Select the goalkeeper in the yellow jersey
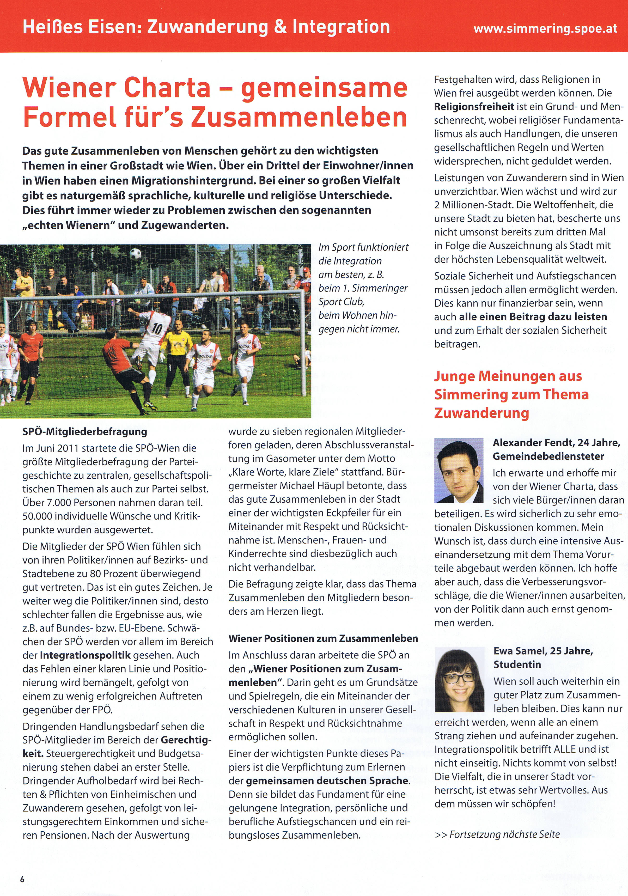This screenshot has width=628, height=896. [176, 347]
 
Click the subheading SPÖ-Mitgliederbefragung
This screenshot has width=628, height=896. [85, 432]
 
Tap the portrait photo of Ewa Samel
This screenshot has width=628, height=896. [459, 679]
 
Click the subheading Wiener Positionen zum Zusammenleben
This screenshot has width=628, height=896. [323, 638]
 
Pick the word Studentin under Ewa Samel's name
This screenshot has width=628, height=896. [517, 664]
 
